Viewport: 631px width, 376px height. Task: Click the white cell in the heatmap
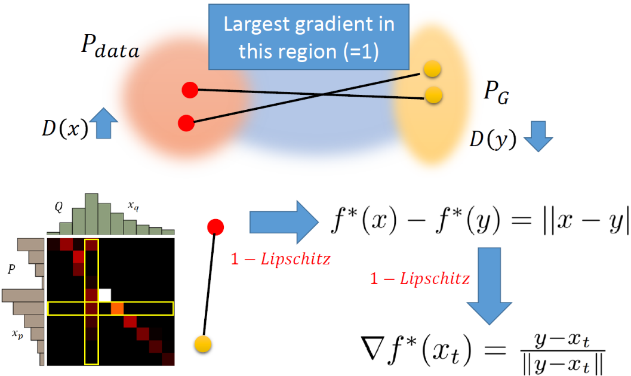coord(104,295)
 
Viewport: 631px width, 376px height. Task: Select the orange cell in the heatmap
coord(117,309)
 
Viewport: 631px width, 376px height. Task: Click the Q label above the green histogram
coord(59,206)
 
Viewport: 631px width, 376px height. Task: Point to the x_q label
coord(133,205)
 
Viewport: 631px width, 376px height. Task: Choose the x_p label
coord(18,333)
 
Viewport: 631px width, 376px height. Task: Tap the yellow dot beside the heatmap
coord(204,343)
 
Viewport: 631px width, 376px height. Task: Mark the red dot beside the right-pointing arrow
coord(216,227)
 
